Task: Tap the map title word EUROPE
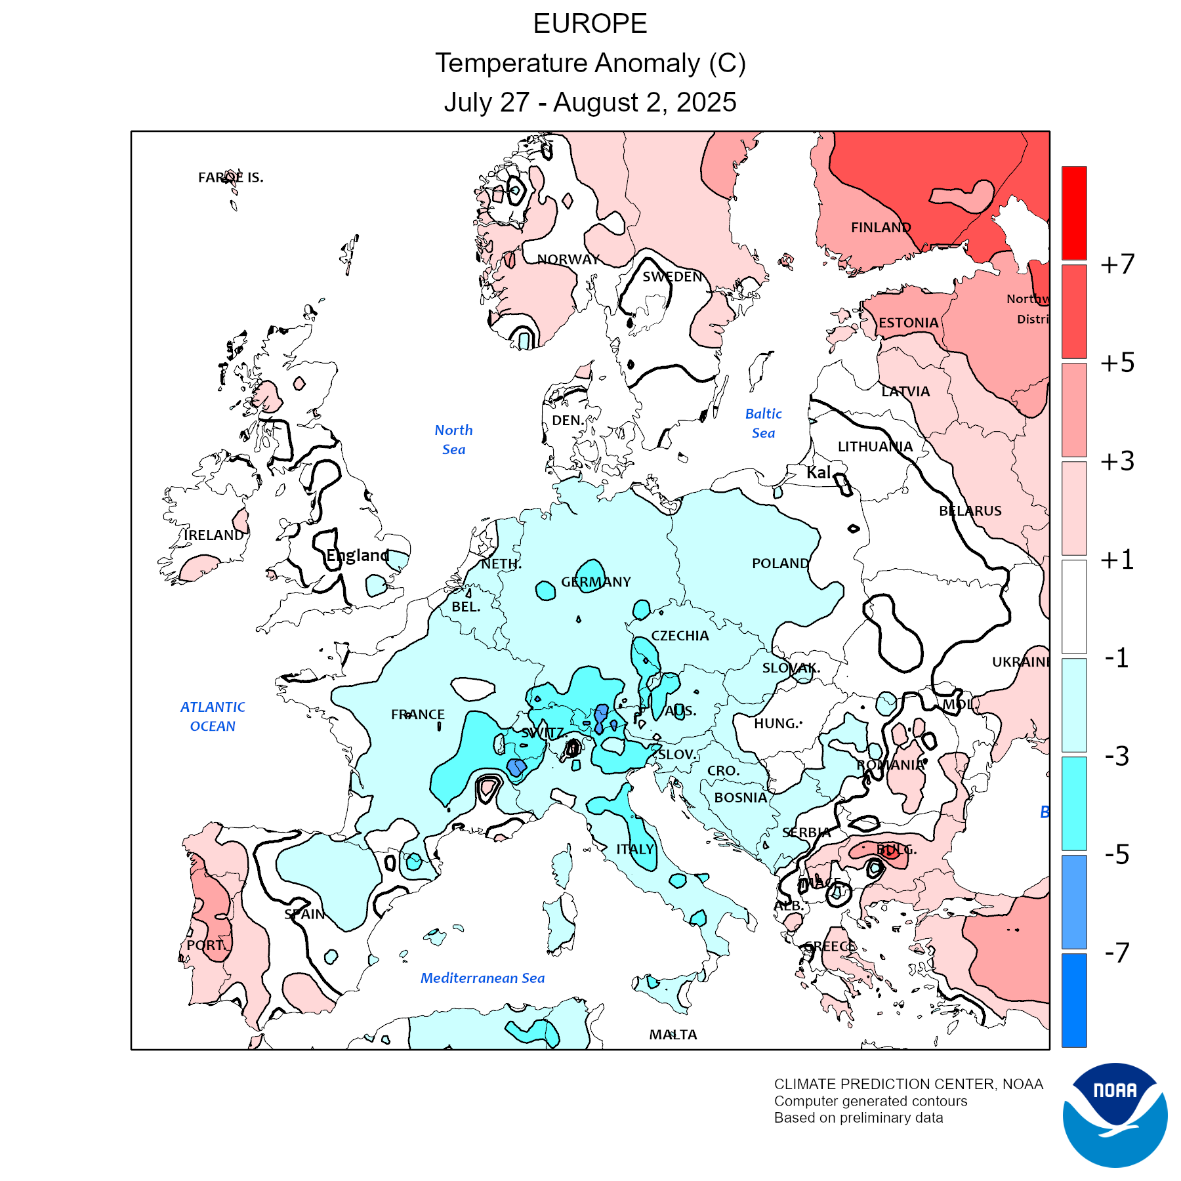(590, 24)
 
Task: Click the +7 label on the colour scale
(1117, 264)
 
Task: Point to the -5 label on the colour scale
(1117, 854)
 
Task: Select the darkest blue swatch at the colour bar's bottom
(1074, 1000)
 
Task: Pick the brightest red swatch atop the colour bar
(1074, 213)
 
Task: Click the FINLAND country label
(881, 228)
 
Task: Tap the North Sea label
(453, 440)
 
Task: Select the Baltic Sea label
(763, 423)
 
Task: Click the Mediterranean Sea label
(482, 978)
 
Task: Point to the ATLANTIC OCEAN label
(213, 716)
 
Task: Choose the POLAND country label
(780, 564)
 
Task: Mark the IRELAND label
(214, 535)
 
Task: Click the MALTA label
(673, 1035)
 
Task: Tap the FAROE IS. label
(231, 177)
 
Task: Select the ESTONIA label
(908, 323)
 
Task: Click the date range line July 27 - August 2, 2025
(590, 102)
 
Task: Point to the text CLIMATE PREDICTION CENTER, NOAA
(908, 1084)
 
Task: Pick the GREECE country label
(830, 946)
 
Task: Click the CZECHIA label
(680, 636)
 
